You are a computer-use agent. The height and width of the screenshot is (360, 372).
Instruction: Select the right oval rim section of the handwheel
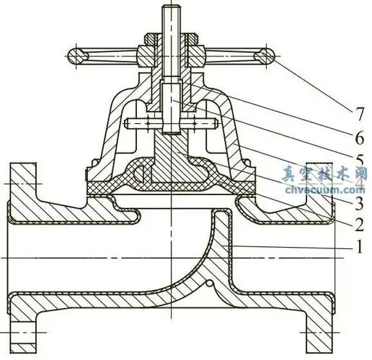pos(265,55)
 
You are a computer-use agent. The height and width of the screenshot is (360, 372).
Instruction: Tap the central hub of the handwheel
pos(172,54)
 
